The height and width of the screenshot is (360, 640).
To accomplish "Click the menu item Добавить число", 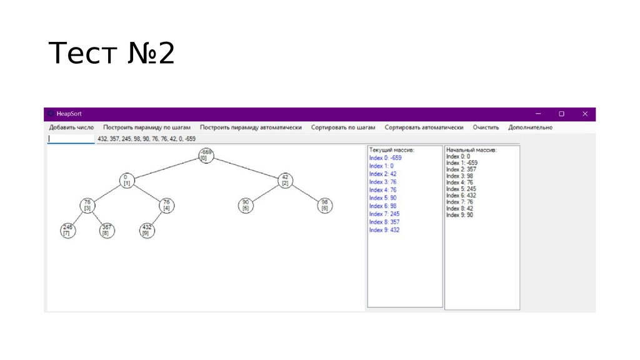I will click(x=71, y=127).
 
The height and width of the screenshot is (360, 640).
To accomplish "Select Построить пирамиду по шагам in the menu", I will click(x=147, y=127).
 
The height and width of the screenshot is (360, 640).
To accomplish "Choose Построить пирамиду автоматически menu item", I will click(x=251, y=127).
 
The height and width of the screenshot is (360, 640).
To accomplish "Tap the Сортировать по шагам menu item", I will click(x=343, y=127).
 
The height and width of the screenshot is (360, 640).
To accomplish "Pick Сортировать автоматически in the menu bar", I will click(x=424, y=127).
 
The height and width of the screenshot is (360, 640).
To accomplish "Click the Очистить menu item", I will click(x=486, y=127).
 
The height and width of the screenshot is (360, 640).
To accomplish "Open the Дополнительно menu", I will click(x=530, y=127).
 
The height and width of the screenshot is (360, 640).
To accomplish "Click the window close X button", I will click(x=585, y=114).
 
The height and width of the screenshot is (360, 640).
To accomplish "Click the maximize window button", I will click(x=561, y=114).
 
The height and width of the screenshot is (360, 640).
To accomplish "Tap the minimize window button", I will click(x=538, y=114).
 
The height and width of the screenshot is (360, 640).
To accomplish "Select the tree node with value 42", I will click(x=285, y=180).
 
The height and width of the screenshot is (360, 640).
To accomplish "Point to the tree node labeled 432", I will click(x=147, y=230).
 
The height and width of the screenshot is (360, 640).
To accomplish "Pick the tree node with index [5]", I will click(x=246, y=206).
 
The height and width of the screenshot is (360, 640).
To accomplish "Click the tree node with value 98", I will click(x=324, y=206).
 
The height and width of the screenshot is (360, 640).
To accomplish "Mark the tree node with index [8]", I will click(x=107, y=230).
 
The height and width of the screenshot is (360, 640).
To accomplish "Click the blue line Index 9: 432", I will click(x=384, y=230).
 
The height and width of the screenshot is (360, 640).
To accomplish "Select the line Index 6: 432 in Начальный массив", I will click(x=462, y=195).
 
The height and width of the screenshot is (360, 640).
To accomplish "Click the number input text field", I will click(x=71, y=139).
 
